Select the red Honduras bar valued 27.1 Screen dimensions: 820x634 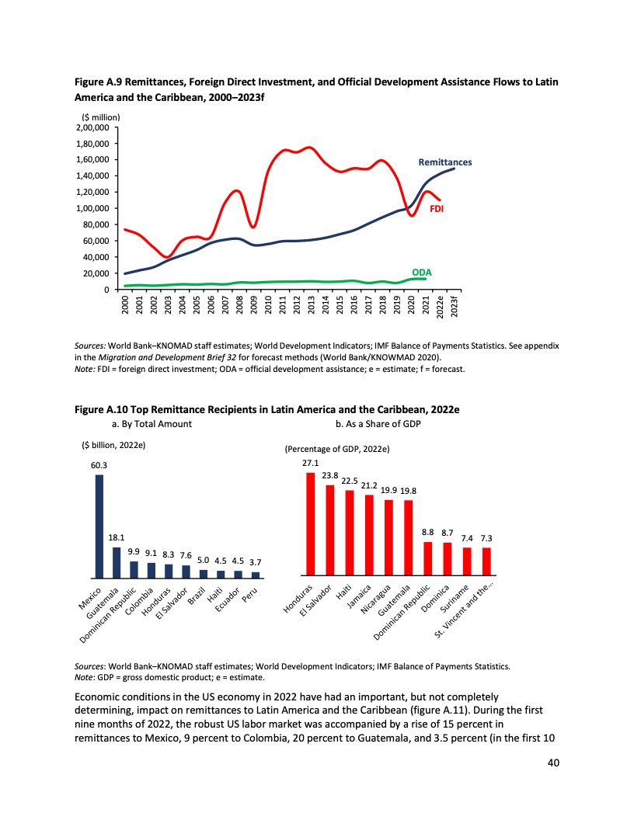(311, 525)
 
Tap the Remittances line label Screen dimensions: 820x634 (444, 163)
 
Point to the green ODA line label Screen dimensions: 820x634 (422, 272)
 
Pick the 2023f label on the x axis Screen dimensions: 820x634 (454, 307)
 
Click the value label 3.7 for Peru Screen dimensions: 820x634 (255, 561)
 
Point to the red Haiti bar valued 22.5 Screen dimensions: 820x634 (350, 534)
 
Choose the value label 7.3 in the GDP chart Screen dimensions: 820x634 (486, 537)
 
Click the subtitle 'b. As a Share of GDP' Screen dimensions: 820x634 (377, 424)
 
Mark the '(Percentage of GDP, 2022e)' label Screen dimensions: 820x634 (337, 449)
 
